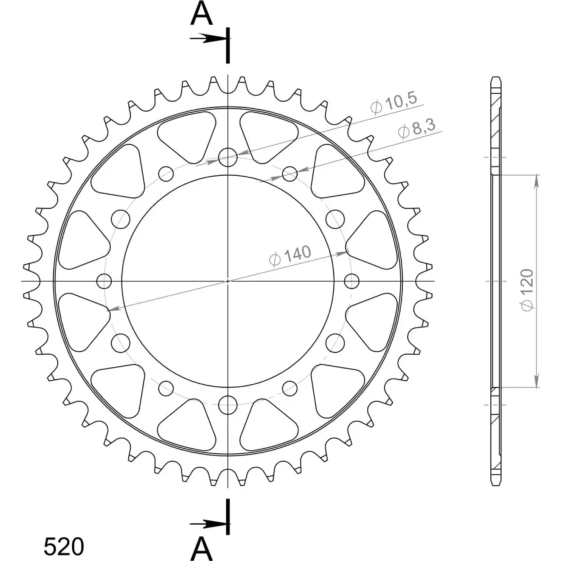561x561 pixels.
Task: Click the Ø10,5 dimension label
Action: click(394, 103)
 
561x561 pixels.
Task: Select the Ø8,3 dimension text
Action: click(417, 128)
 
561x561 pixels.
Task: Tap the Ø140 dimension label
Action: click(290, 256)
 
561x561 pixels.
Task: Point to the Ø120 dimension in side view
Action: click(527, 290)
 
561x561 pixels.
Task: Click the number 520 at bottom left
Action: click(64, 546)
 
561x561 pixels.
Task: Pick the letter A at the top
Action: click(202, 14)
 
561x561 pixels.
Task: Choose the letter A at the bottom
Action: click(202, 548)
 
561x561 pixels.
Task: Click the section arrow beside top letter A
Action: click(207, 38)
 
